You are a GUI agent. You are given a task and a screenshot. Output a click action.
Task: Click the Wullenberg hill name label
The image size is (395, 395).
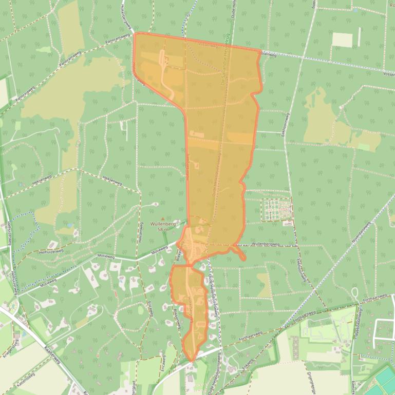coord(164,224)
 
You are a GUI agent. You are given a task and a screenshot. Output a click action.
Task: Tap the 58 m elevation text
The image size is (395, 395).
coord(163,230)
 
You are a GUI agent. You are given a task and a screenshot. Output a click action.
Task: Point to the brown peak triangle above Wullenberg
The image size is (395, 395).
coord(163,219)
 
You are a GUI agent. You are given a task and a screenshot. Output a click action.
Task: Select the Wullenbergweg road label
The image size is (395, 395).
coord(265,244)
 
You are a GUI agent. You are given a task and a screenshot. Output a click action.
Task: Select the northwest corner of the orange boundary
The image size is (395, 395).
coord(135,34)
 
